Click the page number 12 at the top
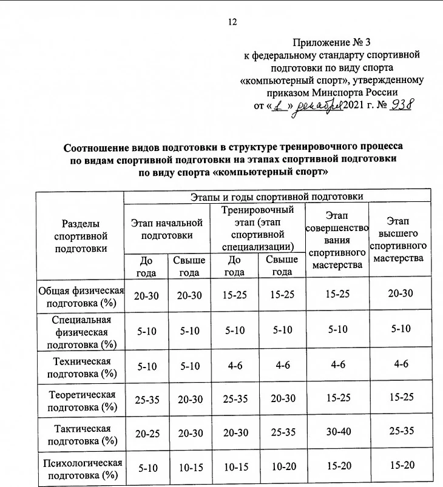[231, 22]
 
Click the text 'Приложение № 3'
[335, 42]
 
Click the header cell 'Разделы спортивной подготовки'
[81, 236]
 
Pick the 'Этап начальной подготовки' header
[167, 229]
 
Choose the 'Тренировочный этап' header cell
[258, 228]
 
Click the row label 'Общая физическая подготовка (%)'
[81, 295]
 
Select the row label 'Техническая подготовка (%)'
[81, 368]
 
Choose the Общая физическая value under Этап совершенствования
[337, 294]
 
